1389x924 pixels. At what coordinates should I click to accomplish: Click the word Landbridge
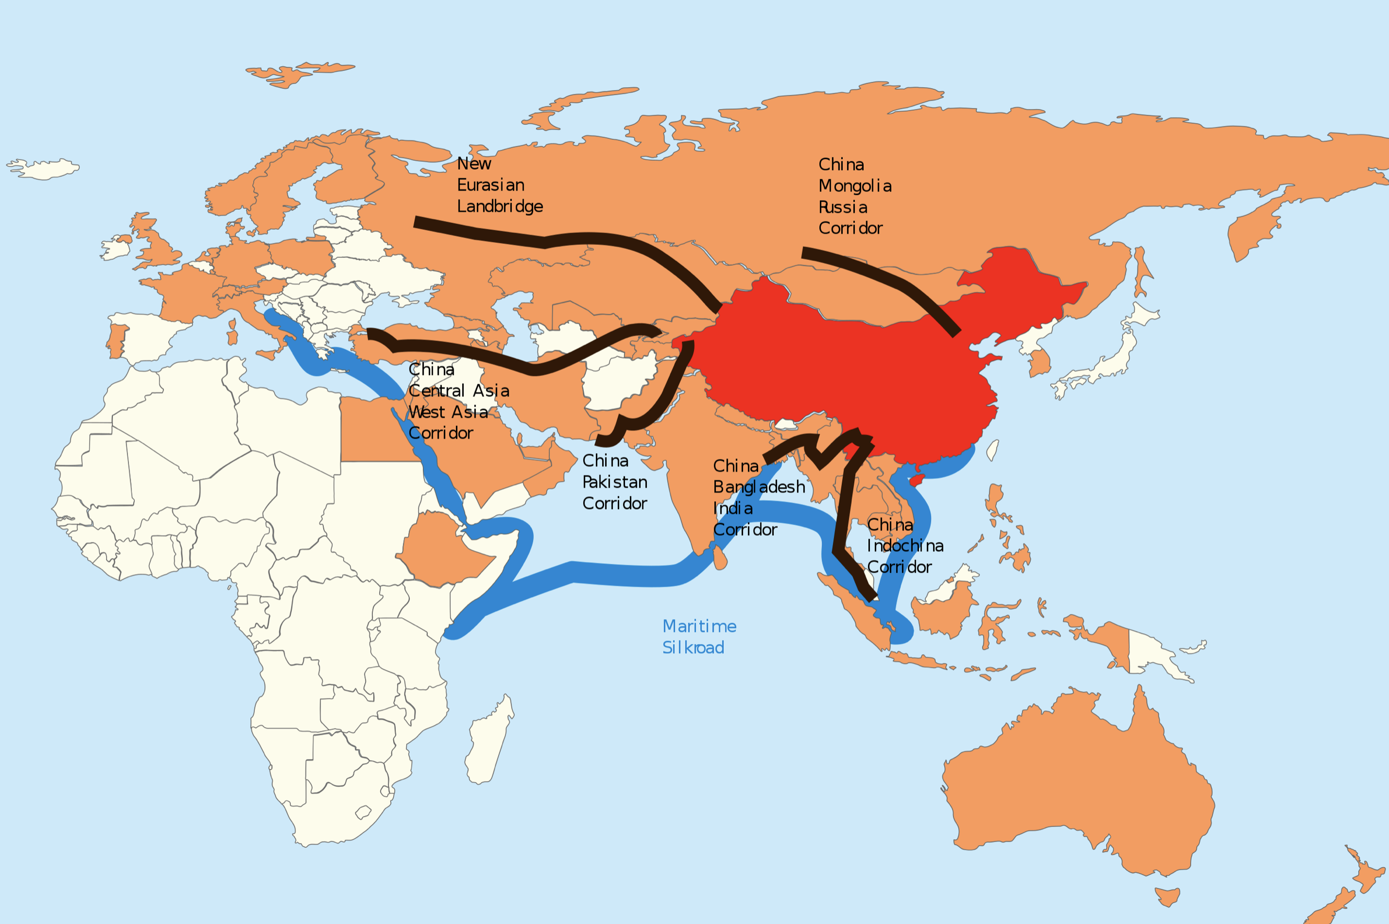click(x=500, y=207)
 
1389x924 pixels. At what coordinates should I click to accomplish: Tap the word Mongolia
click(x=854, y=186)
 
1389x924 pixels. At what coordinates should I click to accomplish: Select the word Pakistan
click(x=615, y=482)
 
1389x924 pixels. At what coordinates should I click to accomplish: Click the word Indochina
click(x=904, y=546)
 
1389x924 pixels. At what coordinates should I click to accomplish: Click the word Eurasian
click(x=491, y=185)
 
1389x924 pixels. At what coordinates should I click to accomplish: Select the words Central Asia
click(x=458, y=390)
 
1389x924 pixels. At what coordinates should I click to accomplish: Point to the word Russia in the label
click(x=843, y=207)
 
